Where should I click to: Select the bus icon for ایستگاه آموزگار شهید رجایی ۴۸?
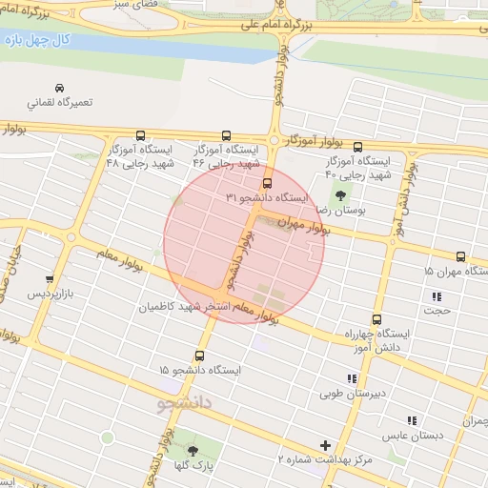141,136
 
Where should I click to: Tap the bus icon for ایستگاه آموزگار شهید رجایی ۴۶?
226,136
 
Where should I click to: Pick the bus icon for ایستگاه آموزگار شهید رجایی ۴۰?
357,147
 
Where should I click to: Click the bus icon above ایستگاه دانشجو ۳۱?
266,182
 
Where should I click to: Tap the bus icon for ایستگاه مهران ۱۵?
461,256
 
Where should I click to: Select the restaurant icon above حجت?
437,295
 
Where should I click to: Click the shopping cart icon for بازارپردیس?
50,279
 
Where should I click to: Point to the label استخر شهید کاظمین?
181,307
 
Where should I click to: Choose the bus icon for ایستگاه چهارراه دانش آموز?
376,320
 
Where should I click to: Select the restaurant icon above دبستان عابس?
412,420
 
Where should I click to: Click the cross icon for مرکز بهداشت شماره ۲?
327,445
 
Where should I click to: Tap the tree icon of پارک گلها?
194,450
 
